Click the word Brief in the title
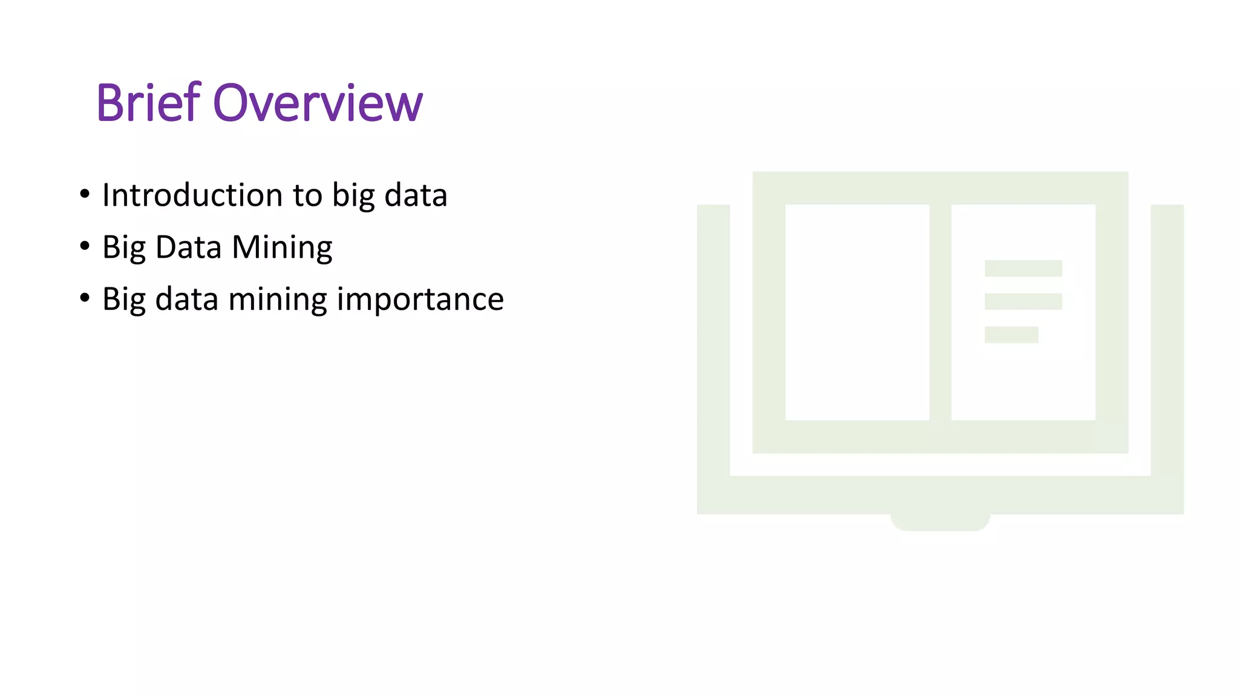tap(148, 103)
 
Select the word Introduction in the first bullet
tap(192, 195)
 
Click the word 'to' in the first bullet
tap(307, 195)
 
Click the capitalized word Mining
tap(282, 247)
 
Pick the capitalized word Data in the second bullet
tap(188, 247)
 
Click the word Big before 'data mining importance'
tap(124, 299)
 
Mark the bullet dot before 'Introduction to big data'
tap(85, 194)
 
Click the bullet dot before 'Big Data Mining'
tap(85, 246)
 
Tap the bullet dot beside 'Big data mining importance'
tap(85, 298)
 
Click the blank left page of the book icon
tap(857, 312)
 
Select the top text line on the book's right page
tap(1023, 268)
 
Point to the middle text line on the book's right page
tap(1023, 301)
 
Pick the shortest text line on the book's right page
tap(1011, 335)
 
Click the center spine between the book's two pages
tap(940, 312)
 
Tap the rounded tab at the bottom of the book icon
tap(940, 522)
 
